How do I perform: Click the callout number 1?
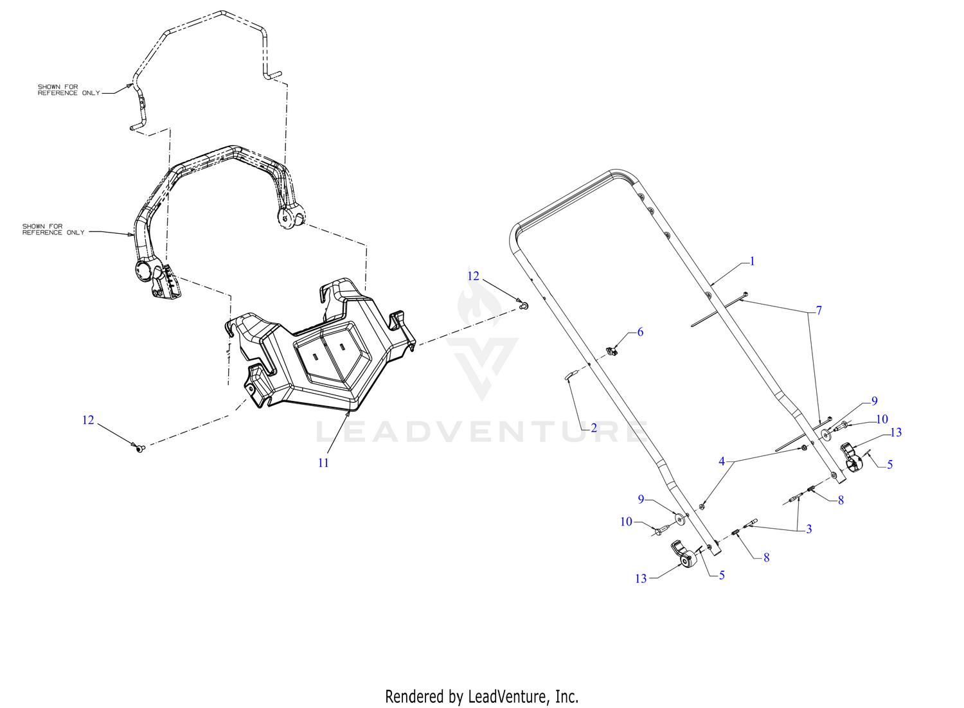pos(752,261)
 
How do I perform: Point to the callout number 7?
pos(819,310)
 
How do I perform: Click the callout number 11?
pos(323,463)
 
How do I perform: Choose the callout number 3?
pos(808,529)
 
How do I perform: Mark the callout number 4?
pos(722,461)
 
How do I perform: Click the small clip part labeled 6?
pos(611,351)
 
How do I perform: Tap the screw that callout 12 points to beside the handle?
pos(524,306)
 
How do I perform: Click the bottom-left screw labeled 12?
pos(140,448)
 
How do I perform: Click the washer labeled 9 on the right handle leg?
pos(826,434)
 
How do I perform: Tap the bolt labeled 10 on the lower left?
pos(661,529)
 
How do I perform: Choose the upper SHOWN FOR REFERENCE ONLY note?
pos(69,90)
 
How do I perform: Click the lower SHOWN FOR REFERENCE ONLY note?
pos(53,229)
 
